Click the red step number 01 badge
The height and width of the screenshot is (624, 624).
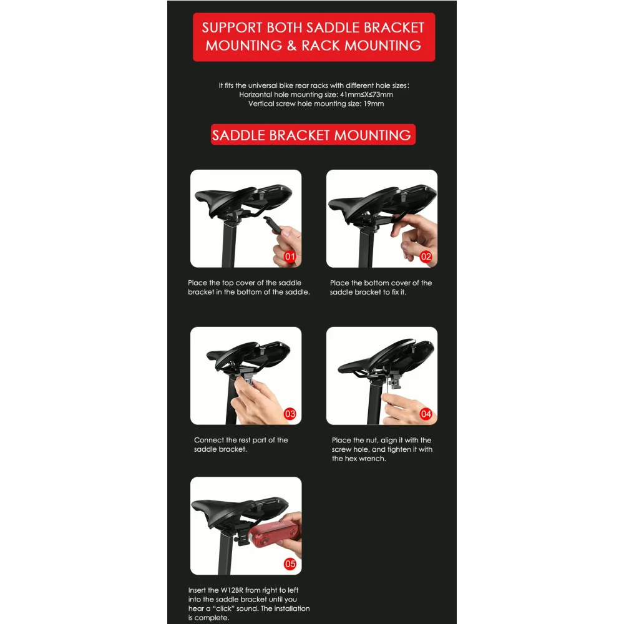(x=290, y=256)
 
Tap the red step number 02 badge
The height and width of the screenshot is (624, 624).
(x=426, y=256)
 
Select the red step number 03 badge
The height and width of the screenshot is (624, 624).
(x=290, y=414)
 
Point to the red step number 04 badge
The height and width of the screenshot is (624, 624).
(x=426, y=414)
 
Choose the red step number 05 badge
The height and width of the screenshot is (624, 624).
(x=290, y=564)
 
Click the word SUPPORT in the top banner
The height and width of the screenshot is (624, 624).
(x=232, y=27)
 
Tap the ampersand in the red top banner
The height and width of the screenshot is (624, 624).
(x=291, y=46)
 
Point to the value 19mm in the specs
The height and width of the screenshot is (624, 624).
(x=374, y=104)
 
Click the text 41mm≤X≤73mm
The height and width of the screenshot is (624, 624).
(x=366, y=95)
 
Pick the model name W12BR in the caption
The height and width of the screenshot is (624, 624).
(x=232, y=590)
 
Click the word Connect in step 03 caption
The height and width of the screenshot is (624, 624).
(x=209, y=440)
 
